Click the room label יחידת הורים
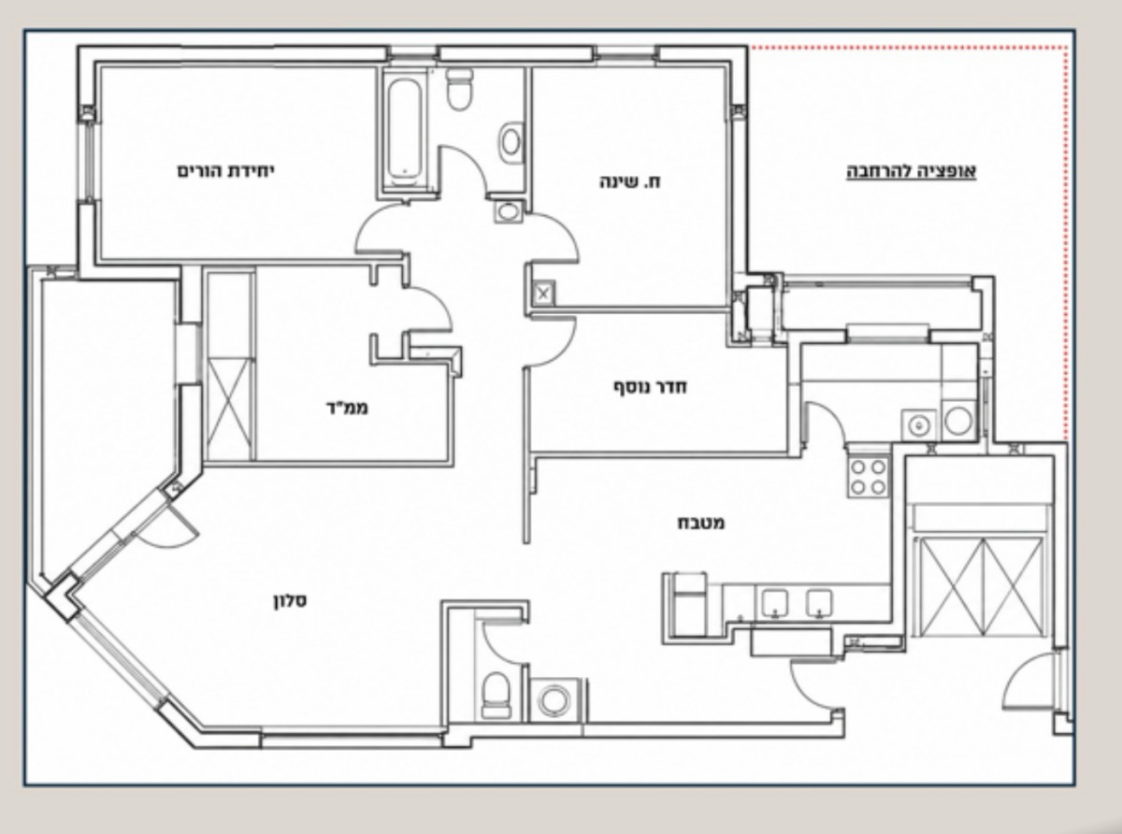225,171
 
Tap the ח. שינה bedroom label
629,181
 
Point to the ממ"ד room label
347,408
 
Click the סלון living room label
291,601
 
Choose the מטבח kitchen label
701,523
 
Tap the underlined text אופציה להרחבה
912,171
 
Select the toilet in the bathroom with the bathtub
460,90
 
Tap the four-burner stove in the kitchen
869,477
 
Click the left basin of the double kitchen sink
774,603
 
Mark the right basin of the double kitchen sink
819,603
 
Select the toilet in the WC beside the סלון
496,696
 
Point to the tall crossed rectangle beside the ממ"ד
230,409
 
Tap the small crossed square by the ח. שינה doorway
543,293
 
